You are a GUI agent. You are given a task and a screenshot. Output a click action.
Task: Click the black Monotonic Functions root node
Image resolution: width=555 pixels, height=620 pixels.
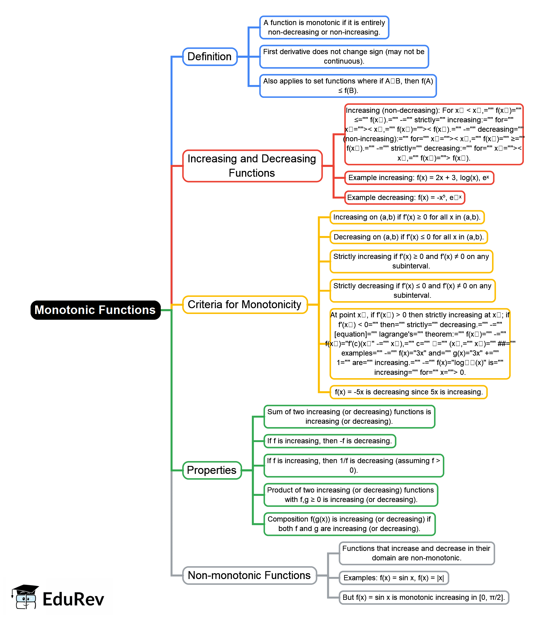click(95, 310)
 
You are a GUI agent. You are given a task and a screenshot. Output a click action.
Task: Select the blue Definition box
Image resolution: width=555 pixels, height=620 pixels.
click(210, 57)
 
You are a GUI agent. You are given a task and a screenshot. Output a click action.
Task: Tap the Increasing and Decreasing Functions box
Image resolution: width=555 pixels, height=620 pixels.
click(252, 166)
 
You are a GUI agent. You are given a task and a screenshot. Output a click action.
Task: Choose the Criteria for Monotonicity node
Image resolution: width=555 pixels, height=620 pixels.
click(244, 304)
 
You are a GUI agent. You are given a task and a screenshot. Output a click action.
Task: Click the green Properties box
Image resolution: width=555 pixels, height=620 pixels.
click(212, 470)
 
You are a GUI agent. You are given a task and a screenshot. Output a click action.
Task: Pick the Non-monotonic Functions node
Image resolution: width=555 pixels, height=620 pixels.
click(249, 575)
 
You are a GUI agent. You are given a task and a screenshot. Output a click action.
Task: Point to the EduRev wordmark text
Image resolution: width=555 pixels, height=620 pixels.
click(73, 599)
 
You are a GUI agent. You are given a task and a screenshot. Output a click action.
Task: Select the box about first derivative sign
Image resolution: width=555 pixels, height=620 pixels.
click(344, 57)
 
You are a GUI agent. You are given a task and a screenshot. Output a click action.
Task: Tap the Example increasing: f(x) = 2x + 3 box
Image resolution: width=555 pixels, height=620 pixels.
click(419, 178)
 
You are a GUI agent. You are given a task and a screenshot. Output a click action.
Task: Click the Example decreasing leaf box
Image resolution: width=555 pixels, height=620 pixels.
click(404, 197)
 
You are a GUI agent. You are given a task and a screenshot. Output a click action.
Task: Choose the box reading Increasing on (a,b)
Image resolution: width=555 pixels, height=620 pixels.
click(407, 217)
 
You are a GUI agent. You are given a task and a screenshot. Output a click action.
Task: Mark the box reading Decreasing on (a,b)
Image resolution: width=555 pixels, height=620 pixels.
click(409, 237)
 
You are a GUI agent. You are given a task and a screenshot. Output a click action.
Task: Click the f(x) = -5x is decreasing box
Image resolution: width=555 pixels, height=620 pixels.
click(409, 392)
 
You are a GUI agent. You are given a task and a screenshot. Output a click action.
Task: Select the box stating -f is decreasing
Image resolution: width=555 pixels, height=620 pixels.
click(329, 441)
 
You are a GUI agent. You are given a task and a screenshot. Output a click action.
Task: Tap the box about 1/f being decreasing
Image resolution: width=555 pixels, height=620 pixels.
click(354, 465)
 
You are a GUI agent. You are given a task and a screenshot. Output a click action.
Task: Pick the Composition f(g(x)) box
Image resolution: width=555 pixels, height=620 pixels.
click(349, 524)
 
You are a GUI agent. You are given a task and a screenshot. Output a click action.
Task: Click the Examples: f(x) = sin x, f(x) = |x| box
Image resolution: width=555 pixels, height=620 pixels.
click(394, 578)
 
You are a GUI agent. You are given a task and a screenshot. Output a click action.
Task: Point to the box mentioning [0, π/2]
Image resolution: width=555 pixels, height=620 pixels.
click(424, 597)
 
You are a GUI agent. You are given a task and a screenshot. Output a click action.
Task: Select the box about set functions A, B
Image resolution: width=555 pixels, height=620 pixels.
click(348, 86)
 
